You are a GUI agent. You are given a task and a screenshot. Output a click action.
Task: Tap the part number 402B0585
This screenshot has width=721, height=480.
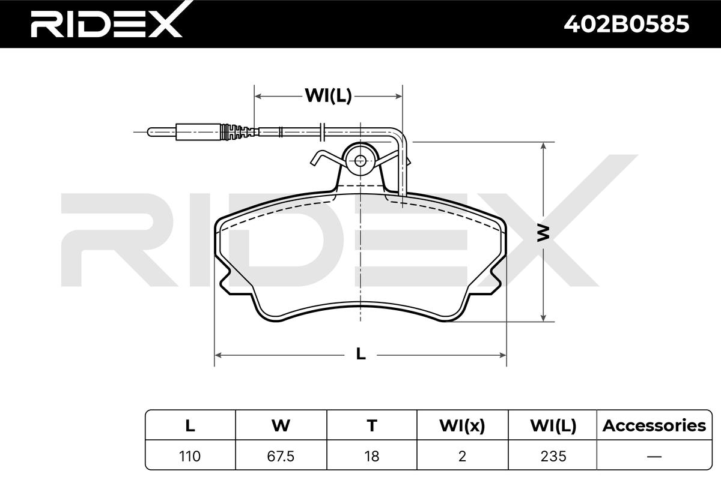pos(626,25)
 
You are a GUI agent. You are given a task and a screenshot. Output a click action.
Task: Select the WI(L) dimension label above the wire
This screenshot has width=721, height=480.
pos(328,95)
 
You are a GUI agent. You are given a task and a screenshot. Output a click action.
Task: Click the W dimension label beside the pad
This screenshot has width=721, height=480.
pos(544,233)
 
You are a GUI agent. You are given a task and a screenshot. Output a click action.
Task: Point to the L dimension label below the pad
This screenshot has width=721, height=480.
pos(361,354)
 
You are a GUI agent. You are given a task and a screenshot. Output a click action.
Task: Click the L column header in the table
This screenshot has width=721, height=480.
pos(190,425)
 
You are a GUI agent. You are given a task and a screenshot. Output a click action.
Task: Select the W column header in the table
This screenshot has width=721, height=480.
pos(281,425)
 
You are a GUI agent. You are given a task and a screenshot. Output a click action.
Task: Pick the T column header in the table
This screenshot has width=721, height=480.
pos(372,425)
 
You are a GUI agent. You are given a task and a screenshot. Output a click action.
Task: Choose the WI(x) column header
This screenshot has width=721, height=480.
pos(462,426)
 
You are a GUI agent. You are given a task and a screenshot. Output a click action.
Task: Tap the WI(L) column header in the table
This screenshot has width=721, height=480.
pos(553,426)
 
